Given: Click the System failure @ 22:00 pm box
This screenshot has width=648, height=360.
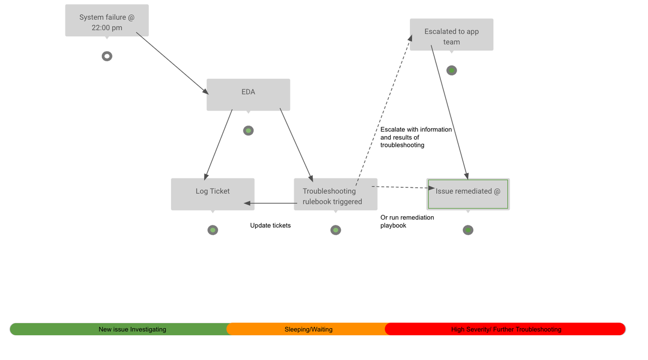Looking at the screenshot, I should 107,21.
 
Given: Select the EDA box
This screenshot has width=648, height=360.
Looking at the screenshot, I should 248,94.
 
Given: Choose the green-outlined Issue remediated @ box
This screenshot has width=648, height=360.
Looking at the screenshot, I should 468,193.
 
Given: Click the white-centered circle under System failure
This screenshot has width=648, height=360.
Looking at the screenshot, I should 107,56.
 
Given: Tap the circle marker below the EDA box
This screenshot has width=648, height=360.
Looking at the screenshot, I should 248,131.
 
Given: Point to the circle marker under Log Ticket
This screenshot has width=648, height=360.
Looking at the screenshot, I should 213,230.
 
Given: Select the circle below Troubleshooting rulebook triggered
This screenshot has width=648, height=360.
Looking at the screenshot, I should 336,230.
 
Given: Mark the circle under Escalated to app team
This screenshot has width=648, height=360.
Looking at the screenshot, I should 452,70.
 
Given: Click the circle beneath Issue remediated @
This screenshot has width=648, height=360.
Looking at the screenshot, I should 468,230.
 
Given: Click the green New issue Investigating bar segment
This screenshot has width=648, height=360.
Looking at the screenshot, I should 119,329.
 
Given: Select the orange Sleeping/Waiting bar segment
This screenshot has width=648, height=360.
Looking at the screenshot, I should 308,329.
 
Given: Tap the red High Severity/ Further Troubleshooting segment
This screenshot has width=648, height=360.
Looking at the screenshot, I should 505,329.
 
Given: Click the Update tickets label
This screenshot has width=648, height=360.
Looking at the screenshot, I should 270,225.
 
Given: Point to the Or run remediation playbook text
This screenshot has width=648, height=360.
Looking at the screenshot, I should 407,221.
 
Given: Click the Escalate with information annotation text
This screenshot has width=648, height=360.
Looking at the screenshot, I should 416,137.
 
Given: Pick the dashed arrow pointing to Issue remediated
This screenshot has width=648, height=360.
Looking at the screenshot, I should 403,187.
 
